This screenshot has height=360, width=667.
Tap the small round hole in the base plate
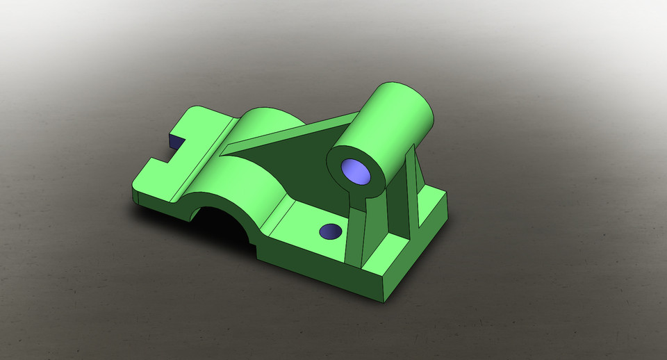pos(330,231)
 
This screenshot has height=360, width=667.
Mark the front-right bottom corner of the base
pos(383,302)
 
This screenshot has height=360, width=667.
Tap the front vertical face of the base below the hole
pos(313,271)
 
